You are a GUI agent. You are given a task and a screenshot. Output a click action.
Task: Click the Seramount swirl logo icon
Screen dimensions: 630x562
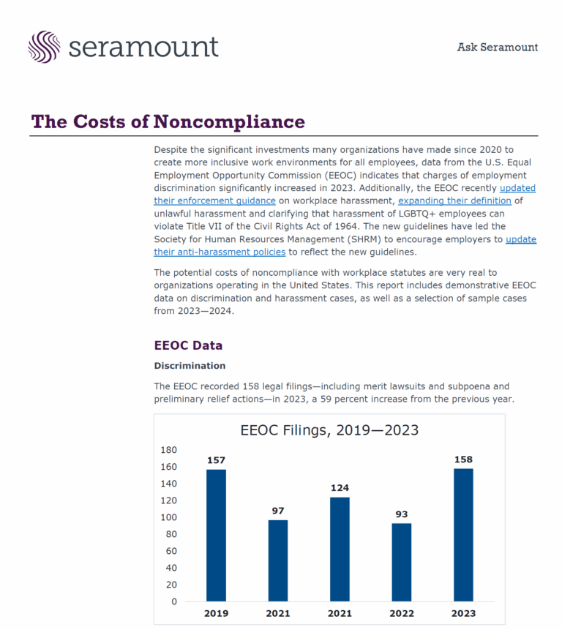click(x=44, y=46)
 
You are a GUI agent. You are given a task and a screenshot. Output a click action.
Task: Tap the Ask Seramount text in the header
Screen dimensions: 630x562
click(x=497, y=48)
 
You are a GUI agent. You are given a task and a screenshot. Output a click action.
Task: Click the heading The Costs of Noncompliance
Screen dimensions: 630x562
click(x=168, y=121)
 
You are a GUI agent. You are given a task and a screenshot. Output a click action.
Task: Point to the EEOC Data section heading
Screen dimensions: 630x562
click(x=188, y=345)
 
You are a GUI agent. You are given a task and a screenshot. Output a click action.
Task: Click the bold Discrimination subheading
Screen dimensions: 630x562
click(x=190, y=366)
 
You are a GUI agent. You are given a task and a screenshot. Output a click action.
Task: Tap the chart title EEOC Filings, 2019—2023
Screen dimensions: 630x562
click(x=329, y=430)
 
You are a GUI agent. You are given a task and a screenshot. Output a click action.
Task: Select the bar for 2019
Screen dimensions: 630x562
click(x=216, y=535)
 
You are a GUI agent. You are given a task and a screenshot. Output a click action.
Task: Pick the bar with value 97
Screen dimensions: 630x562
click(x=278, y=560)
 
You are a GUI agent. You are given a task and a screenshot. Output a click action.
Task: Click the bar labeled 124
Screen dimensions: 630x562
click(x=340, y=549)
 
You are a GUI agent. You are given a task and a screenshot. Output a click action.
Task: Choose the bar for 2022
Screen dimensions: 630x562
click(x=402, y=562)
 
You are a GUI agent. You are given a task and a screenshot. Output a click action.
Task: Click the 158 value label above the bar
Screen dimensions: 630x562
click(x=463, y=460)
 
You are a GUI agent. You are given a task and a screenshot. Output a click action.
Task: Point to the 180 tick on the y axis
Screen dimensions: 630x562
click(x=168, y=450)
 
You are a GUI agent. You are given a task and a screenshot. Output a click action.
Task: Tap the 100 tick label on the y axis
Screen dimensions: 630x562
click(x=168, y=517)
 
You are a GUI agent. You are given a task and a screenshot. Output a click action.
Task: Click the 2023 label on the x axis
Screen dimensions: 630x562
click(x=463, y=613)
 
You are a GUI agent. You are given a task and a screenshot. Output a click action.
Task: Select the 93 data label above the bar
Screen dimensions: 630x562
click(x=402, y=514)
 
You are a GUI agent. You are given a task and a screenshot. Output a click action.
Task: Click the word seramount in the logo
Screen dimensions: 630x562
click(x=143, y=47)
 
